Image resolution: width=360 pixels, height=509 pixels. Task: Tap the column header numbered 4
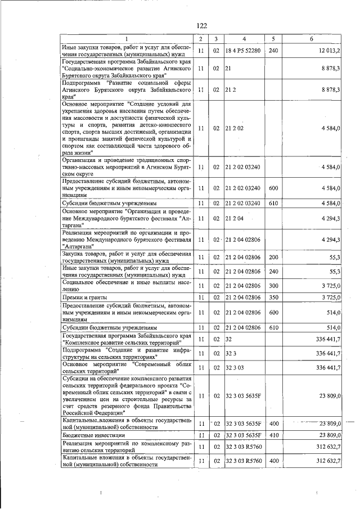click(244, 38)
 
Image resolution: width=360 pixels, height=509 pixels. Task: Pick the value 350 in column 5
click(273, 297)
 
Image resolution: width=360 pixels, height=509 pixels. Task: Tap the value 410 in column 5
click(273, 435)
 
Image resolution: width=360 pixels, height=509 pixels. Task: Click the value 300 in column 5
click(273, 285)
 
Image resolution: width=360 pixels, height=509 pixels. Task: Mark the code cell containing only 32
click(228, 340)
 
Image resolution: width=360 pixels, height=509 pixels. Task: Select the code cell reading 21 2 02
click(233, 128)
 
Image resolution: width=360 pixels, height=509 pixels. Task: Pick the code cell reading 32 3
click(231, 353)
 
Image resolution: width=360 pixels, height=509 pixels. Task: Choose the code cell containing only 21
click(228, 68)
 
